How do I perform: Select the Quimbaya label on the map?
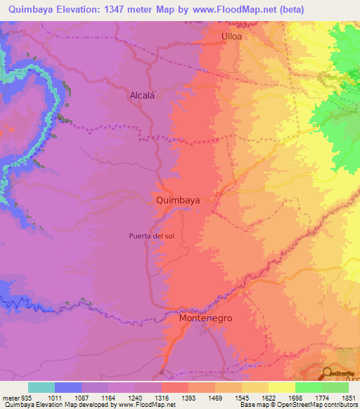click(177, 200)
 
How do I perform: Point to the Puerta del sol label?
click(151, 235)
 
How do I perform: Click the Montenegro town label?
click(206, 318)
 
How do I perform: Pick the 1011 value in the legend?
click(54, 397)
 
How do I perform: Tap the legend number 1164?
click(108, 397)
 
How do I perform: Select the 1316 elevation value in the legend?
click(161, 397)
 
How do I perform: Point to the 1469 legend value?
click(215, 397)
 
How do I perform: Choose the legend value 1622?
click(269, 397)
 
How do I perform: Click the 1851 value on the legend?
click(349, 397)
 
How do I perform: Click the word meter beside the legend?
click(9, 397)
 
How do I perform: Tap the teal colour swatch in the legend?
click(41, 387)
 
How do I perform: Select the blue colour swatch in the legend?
click(68, 387)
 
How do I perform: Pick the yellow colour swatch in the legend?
click(282, 387)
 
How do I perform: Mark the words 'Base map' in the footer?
click(252, 405)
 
